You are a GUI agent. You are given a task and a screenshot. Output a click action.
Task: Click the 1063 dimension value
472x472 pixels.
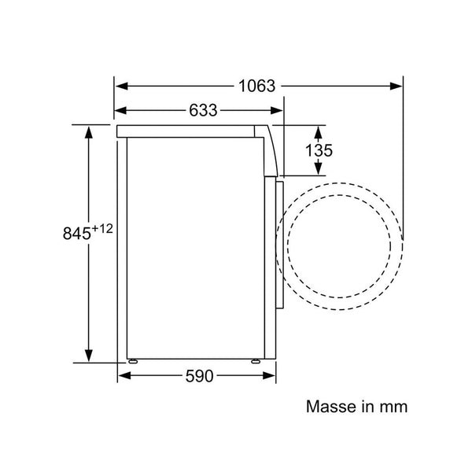click(x=256, y=86)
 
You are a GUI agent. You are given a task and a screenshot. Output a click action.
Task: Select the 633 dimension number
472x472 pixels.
click(x=203, y=110)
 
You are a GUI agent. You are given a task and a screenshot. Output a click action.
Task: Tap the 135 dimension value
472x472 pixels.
click(x=319, y=150)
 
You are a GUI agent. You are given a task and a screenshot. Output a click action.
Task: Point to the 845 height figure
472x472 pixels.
click(x=77, y=234)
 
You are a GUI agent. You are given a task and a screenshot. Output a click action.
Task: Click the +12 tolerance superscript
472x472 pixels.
click(x=102, y=229)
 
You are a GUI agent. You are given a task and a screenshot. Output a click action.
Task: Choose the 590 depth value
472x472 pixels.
click(x=199, y=376)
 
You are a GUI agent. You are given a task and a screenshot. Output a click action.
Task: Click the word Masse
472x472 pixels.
click(x=330, y=407)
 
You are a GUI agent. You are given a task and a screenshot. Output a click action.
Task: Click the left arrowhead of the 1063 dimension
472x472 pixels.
click(x=122, y=86)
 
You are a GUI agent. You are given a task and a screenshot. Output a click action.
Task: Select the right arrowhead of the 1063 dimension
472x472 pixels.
click(x=396, y=86)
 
